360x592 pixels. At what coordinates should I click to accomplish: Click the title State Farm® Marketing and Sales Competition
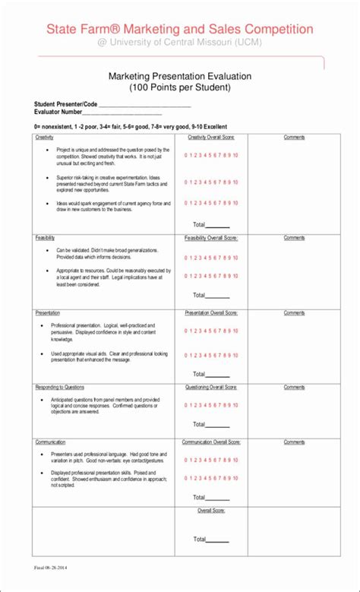(x=179, y=29)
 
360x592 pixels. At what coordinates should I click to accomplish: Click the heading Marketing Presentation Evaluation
(x=179, y=77)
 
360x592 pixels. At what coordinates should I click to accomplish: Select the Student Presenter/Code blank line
(x=144, y=106)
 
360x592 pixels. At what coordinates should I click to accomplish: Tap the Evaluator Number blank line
(x=122, y=112)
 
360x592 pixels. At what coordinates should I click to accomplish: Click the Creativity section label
(x=44, y=138)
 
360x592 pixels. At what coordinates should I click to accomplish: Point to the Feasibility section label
(x=45, y=238)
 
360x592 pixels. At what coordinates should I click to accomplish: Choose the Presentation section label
(x=47, y=312)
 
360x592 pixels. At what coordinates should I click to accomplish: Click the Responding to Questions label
(x=59, y=387)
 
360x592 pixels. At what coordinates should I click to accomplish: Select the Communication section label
(x=50, y=442)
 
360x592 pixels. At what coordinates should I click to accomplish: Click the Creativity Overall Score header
(x=211, y=138)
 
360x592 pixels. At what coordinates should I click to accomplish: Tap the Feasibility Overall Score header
(x=211, y=238)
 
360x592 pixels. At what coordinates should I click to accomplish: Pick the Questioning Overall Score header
(x=211, y=387)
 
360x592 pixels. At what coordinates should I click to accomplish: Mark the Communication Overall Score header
(x=211, y=442)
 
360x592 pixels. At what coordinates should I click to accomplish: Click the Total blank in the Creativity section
(x=218, y=226)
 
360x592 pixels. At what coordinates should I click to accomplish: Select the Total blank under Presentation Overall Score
(x=218, y=375)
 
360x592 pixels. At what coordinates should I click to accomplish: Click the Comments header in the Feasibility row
(x=294, y=238)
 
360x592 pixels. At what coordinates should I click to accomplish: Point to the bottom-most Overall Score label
(x=211, y=510)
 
